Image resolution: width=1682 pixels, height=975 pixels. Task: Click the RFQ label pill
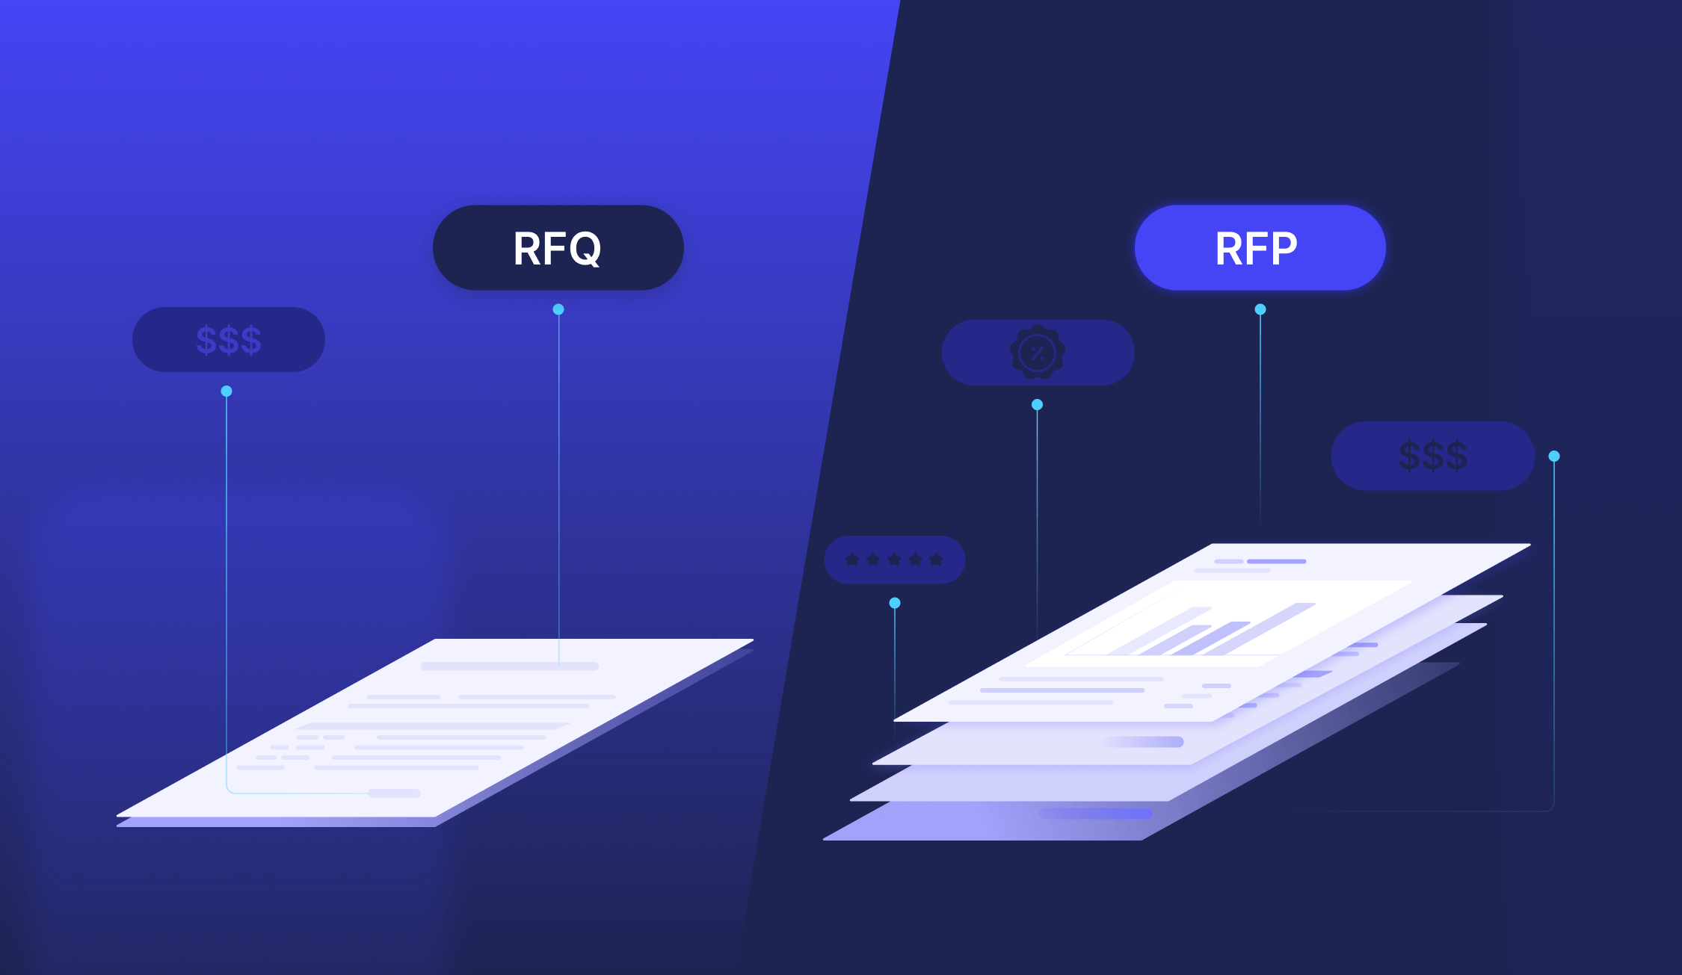click(558, 247)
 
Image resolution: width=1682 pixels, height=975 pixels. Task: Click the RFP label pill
click(1260, 247)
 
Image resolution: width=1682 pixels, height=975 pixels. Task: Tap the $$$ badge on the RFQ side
click(228, 339)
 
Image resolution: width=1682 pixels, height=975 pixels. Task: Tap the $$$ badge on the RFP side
click(1432, 456)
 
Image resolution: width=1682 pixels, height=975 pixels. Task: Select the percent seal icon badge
click(1038, 352)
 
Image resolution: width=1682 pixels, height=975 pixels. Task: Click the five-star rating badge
click(894, 560)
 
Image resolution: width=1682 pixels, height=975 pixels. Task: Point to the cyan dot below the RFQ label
click(558, 309)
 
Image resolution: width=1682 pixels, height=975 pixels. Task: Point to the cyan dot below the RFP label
click(1260, 309)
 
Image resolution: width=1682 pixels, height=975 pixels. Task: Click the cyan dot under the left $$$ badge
click(227, 391)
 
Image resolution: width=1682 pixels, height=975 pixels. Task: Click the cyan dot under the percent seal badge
click(1037, 404)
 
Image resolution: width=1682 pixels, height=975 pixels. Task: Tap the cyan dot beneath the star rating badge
click(895, 603)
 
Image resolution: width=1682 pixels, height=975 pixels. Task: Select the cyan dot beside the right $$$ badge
click(1554, 456)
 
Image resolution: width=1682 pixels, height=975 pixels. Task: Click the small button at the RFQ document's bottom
click(395, 793)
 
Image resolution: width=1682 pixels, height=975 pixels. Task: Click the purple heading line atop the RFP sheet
click(1276, 561)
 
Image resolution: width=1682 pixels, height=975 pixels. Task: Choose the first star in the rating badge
click(851, 560)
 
